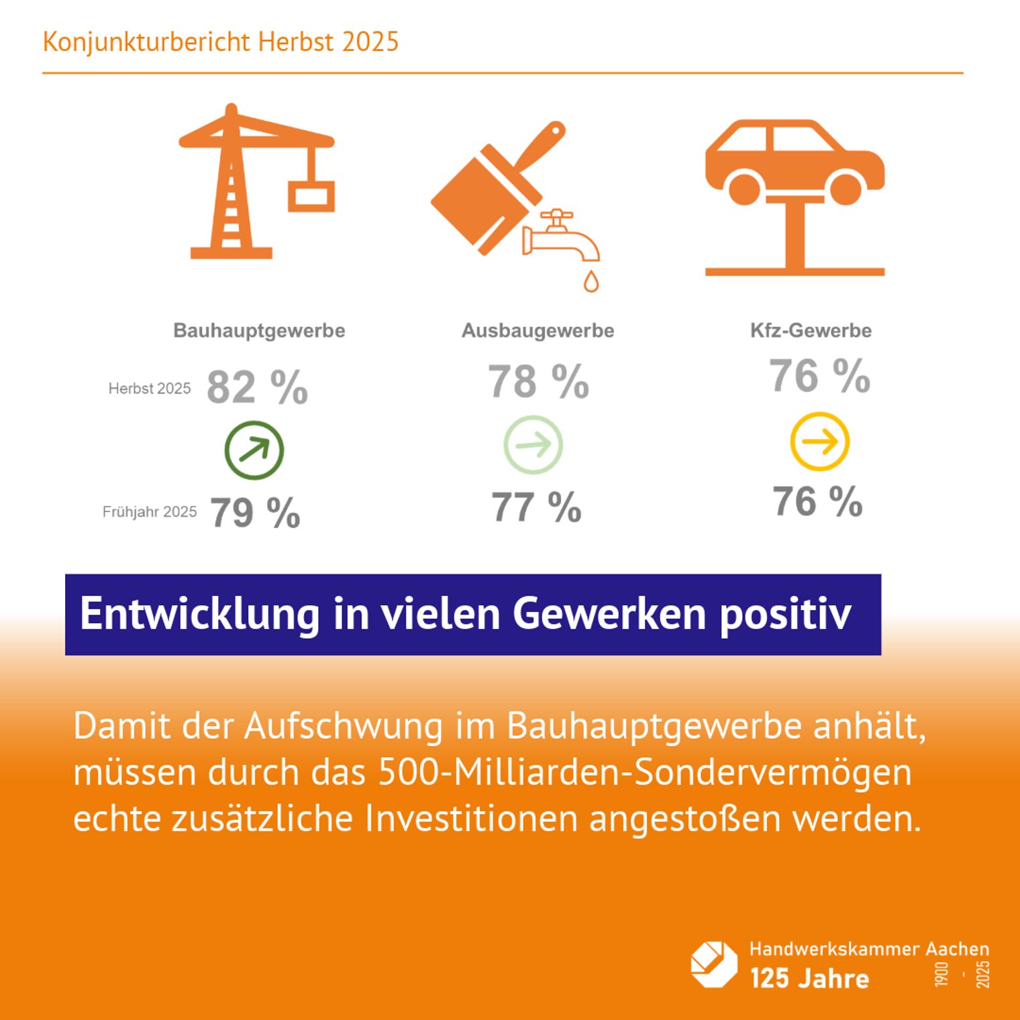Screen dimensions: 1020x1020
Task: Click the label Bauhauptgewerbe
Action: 259,330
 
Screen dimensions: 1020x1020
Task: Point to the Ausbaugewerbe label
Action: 538,330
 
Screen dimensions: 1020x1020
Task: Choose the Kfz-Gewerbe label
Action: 811,330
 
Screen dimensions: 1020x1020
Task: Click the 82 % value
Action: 257,387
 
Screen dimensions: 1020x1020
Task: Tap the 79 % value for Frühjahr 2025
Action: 255,513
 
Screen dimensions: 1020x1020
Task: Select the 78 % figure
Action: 538,382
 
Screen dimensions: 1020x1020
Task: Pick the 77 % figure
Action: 536,507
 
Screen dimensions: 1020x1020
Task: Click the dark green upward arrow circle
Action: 254,450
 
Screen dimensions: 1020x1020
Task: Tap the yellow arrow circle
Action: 819,442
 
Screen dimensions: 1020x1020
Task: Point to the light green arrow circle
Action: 533,444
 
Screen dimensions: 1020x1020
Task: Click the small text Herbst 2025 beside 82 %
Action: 150,389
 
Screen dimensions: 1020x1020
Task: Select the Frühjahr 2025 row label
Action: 150,512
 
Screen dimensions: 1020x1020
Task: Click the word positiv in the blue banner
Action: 785,614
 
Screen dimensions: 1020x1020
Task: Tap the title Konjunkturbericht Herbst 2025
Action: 221,42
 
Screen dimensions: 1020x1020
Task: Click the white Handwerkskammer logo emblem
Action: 714,964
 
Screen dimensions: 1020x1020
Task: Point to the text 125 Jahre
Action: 809,978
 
